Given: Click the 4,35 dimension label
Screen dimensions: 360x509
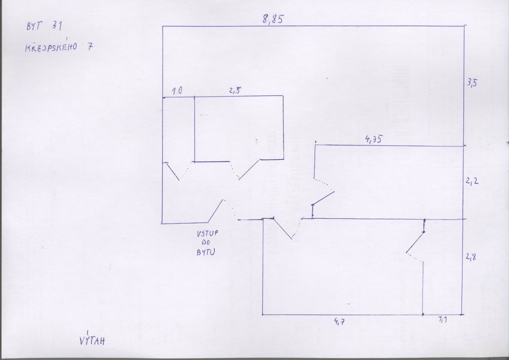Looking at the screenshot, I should (373, 139).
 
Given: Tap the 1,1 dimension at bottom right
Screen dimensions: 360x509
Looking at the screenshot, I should (442, 320).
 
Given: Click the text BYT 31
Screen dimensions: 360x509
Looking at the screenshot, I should (44, 26).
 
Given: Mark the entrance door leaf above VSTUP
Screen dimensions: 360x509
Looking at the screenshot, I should (215, 211).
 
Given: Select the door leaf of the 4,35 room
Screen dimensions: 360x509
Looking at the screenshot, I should (323, 198).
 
